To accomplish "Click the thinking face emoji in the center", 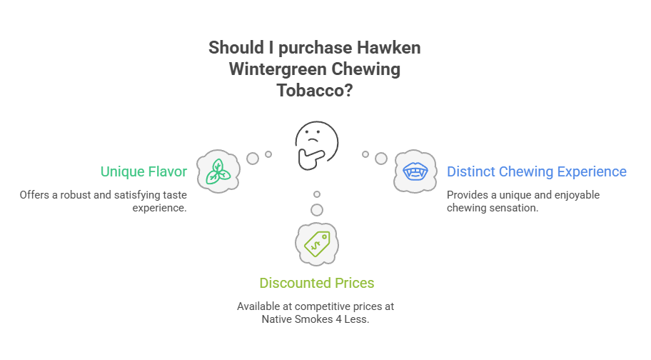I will pyautogui.click(x=317, y=140).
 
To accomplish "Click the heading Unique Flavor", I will pyautogui.click(x=143, y=171).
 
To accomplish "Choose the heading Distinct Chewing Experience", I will pyautogui.click(x=537, y=171).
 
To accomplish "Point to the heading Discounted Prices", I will pyautogui.click(x=316, y=283).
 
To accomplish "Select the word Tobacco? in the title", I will pyautogui.click(x=316, y=92).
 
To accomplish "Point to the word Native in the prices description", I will pyautogui.click(x=277, y=319).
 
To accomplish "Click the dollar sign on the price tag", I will pyautogui.click(x=315, y=244).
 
